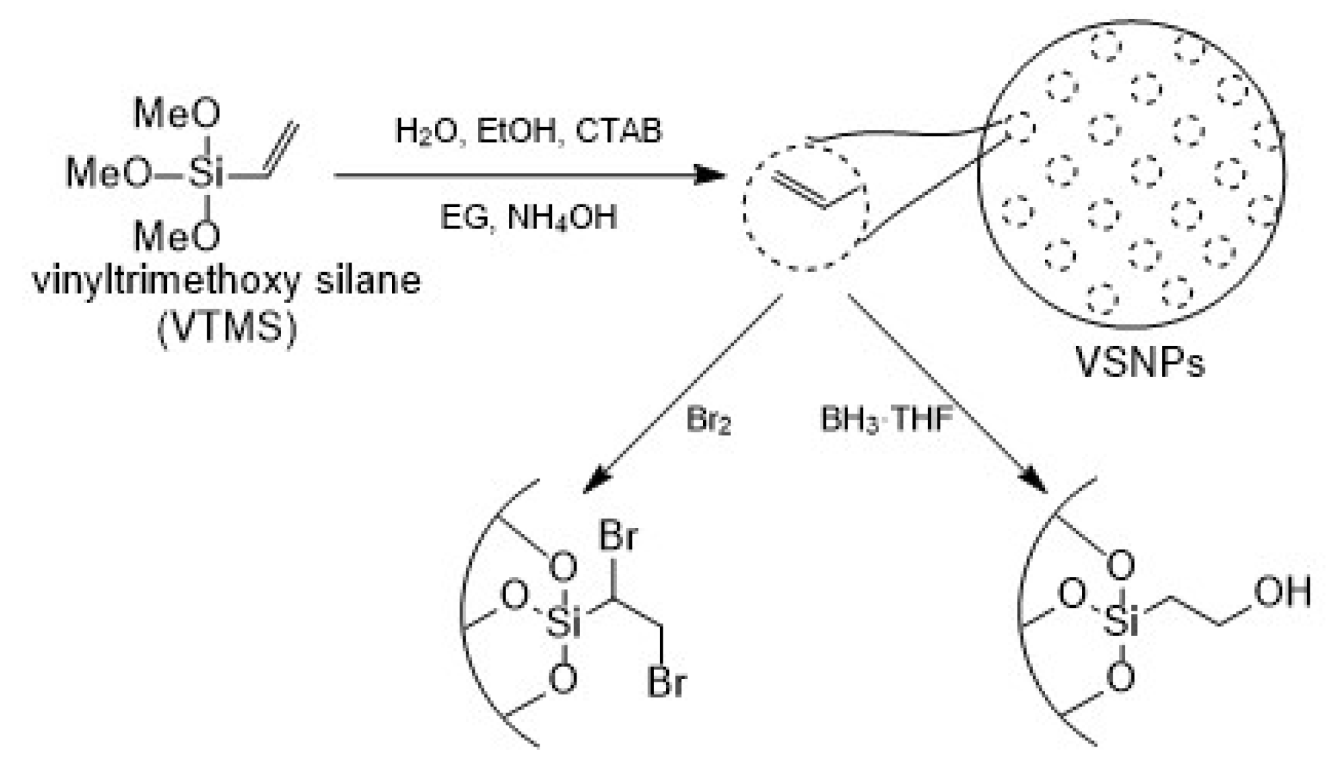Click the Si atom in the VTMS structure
tap(206, 174)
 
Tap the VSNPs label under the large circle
tap(1140, 362)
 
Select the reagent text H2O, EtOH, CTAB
tap(529, 131)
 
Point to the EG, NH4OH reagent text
tap(528, 218)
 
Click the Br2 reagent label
tap(708, 421)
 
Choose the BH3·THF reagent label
tap(886, 419)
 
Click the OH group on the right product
tap(1282, 591)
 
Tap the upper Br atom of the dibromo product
tap(618, 537)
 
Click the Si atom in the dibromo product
tap(564, 623)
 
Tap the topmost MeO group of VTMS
tap(177, 114)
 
